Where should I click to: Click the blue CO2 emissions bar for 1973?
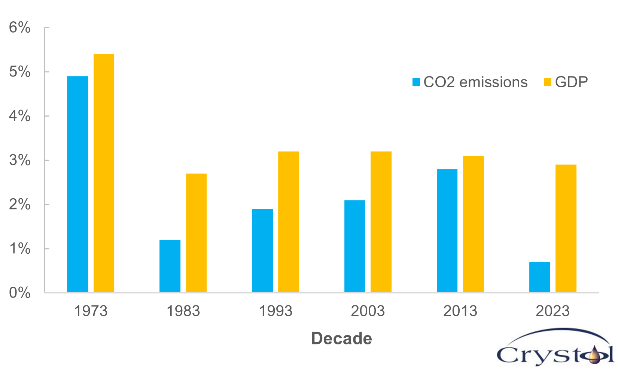(77, 184)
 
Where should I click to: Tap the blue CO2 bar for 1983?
(170, 266)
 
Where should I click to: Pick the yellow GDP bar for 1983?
(196, 233)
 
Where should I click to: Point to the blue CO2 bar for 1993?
(262, 250)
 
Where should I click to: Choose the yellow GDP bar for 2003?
(381, 222)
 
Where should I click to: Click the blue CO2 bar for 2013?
(447, 230)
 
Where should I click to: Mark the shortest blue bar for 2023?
(539, 277)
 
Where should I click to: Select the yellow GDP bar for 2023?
(566, 228)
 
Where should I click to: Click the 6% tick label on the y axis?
(19, 27)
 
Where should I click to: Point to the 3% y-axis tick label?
(19, 160)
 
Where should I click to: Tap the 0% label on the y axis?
(19, 293)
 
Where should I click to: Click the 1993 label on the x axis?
(275, 311)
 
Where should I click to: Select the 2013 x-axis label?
(460, 311)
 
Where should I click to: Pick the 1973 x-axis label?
(91, 311)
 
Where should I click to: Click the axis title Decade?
(341, 338)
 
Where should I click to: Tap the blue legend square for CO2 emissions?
(416, 82)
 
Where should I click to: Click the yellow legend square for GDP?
(548, 82)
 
